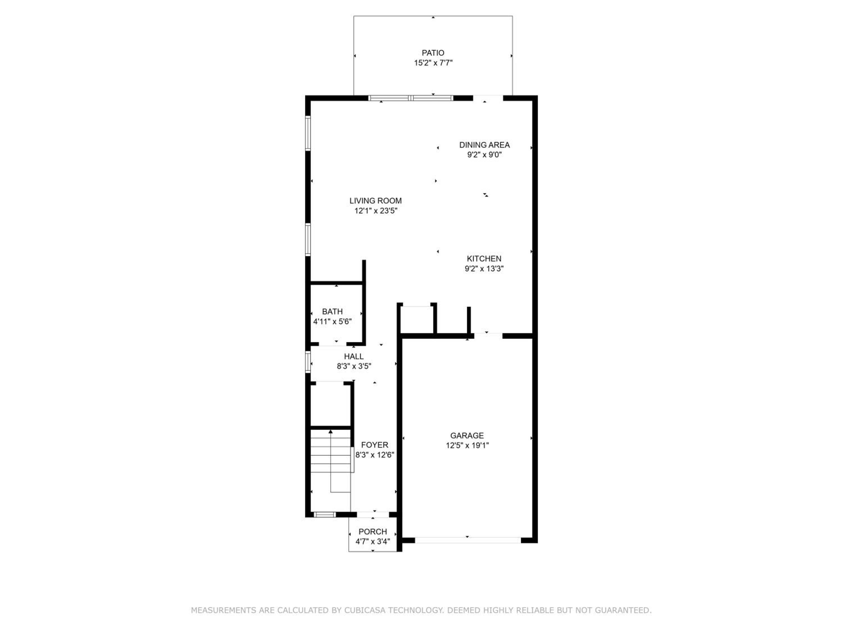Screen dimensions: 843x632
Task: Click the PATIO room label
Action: (x=433, y=53)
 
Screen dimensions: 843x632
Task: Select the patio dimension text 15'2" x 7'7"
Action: (x=433, y=63)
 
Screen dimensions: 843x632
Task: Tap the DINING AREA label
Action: (x=484, y=145)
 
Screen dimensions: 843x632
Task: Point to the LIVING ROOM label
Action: (x=375, y=201)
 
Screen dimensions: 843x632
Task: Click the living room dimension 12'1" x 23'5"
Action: (x=376, y=211)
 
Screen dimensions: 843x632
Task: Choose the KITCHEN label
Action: (x=484, y=259)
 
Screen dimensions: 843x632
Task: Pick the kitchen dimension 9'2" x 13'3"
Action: (x=484, y=269)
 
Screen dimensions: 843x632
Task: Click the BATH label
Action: (x=332, y=312)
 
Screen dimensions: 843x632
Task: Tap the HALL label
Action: (x=354, y=356)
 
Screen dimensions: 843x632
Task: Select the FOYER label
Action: (x=375, y=445)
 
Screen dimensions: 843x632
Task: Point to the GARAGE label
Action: (x=467, y=435)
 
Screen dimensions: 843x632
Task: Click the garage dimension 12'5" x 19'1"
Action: (x=467, y=445)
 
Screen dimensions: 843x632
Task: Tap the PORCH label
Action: (x=373, y=532)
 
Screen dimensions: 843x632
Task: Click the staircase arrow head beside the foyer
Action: (x=330, y=432)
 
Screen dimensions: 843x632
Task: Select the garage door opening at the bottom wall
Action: (x=468, y=540)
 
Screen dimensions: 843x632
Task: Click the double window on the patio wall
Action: (x=411, y=98)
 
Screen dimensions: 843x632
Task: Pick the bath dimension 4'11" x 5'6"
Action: (x=332, y=322)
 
